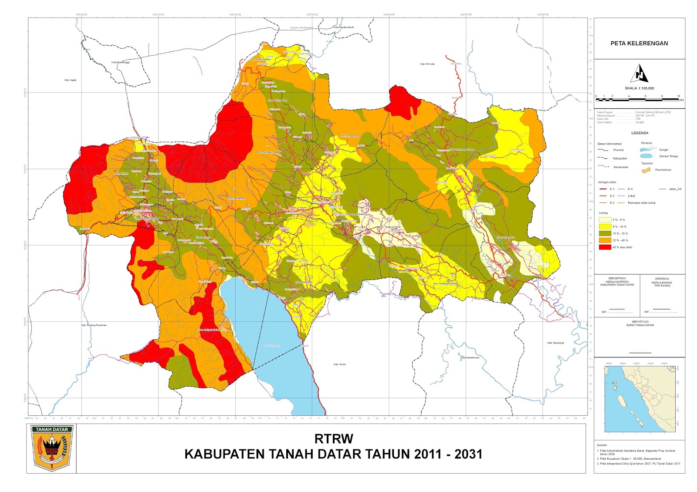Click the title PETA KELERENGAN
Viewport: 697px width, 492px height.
(x=639, y=43)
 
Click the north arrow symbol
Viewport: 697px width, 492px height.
(x=639, y=74)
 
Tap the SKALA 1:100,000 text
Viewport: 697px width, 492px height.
(x=639, y=88)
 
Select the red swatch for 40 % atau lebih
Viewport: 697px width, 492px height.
(x=605, y=247)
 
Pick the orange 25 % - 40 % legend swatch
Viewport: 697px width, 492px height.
(x=605, y=240)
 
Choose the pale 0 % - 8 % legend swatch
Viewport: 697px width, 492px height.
(x=605, y=219)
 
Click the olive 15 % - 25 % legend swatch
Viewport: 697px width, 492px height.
(x=605, y=233)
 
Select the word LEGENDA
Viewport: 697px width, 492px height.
(x=639, y=133)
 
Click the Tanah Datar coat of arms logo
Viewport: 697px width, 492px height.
(x=52, y=448)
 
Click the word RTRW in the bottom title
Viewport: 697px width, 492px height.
(x=334, y=438)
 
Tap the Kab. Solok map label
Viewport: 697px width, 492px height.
(x=339, y=364)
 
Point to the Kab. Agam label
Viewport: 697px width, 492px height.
(x=70, y=80)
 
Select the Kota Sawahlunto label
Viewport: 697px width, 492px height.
(x=470, y=357)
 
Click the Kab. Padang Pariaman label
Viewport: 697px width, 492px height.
(x=94, y=325)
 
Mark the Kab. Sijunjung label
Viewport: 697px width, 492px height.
(x=555, y=343)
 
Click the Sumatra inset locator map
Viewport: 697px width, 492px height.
(x=639, y=398)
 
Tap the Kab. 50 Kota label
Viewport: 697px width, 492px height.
(x=427, y=64)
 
